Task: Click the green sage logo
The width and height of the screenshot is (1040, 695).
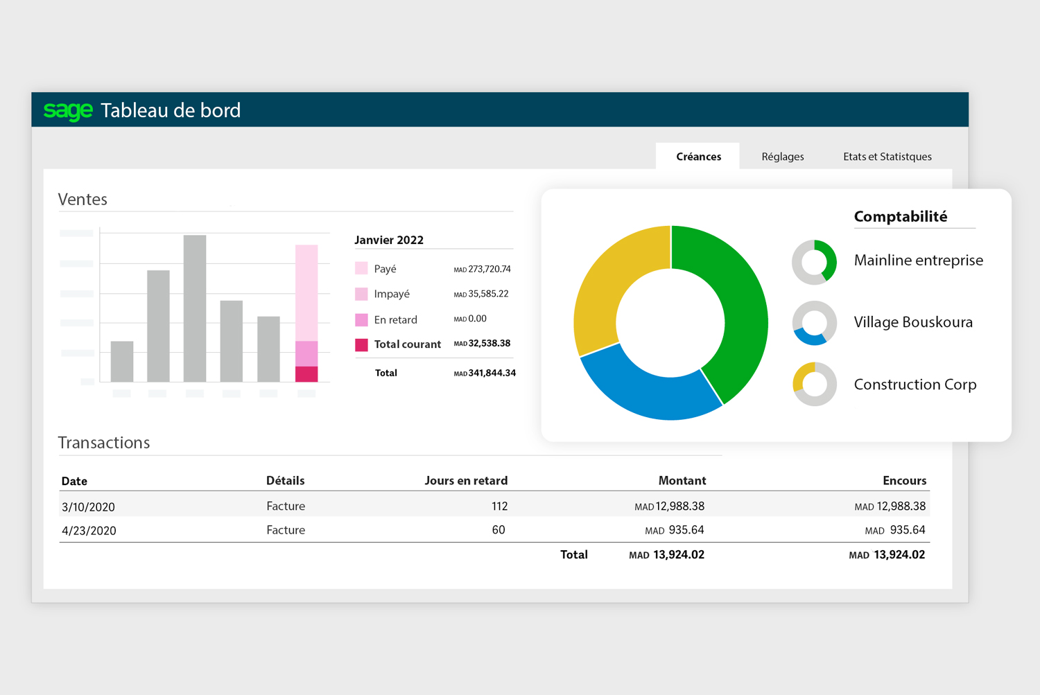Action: pyautogui.click(x=68, y=111)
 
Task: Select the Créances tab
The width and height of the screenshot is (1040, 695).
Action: pyautogui.click(x=698, y=157)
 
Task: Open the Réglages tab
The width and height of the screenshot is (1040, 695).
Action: pyautogui.click(x=782, y=157)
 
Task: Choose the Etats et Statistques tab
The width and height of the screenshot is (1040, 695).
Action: pyautogui.click(x=887, y=157)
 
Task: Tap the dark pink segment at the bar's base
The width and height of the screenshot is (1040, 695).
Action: pyautogui.click(x=306, y=374)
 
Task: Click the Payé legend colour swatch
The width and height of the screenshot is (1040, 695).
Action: pyautogui.click(x=361, y=269)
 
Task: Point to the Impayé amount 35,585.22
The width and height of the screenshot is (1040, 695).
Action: pyautogui.click(x=487, y=294)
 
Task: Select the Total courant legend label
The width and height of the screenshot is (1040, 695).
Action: pyautogui.click(x=407, y=344)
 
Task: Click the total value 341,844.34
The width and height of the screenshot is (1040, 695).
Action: pyautogui.click(x=492, y=373)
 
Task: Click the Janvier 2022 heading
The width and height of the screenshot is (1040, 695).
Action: pyautogui.click(x=389, y=240)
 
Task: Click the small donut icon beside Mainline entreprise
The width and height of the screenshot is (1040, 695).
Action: pyautogui.click(x=814, y=262)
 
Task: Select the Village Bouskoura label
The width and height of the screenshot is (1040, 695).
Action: pyautogui.click(x=913, y=322)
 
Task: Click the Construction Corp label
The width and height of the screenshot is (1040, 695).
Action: pyautogui.click(x=915, y=385)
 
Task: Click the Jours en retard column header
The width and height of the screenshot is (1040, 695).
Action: pyautogui.click(x=466, y=481)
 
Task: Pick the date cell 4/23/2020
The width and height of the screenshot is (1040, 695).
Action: pyautogui.click(x=89, y=531)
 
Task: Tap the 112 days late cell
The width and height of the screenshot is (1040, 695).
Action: pyautogui.click(x=499, y=507)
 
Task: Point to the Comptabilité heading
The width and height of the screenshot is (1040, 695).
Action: pyautogui.click(x=900, y=217)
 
